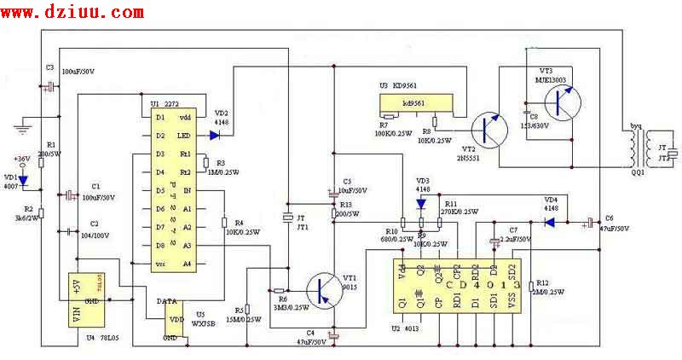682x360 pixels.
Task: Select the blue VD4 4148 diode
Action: (x=550, y=223)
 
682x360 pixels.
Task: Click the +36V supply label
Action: (x=20, y=159)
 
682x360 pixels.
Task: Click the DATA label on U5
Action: (x=168, y=302)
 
